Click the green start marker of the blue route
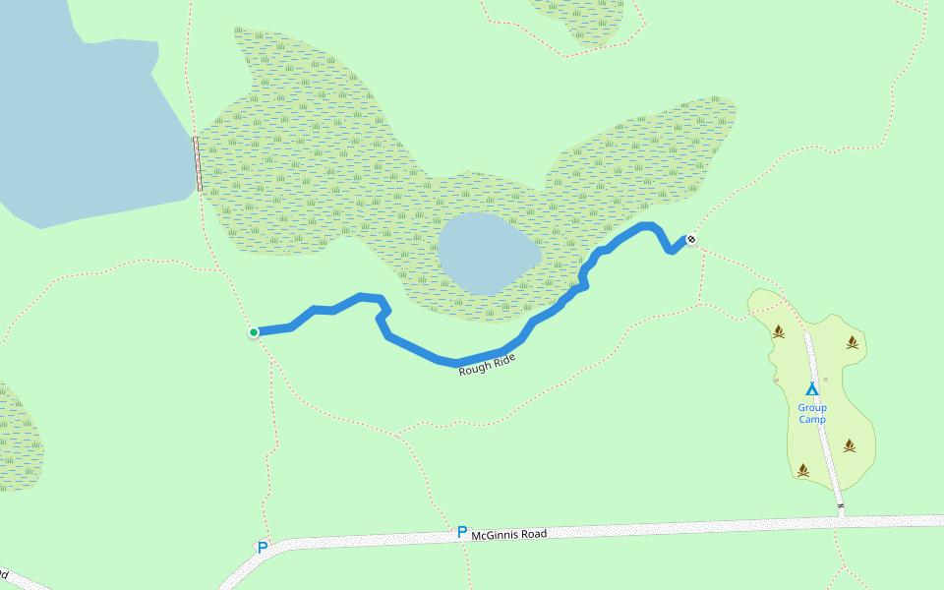(254, 332)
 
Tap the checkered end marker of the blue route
(691, 239)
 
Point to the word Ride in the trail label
(503, 359)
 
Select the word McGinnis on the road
(495, 535)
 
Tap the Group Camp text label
(812, 413)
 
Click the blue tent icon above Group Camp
(812, 388)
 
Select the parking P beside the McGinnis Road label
(461, 532)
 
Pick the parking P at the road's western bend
(262, 547)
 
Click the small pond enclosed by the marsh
(487, 253)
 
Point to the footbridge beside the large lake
(198, 163)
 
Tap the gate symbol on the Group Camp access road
(841, 506)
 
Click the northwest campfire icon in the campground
(779, 331)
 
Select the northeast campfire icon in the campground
(852, 342)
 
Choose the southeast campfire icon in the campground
(850, 445)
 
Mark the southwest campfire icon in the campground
(803, 470)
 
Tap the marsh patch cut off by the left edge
(18, 438)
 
